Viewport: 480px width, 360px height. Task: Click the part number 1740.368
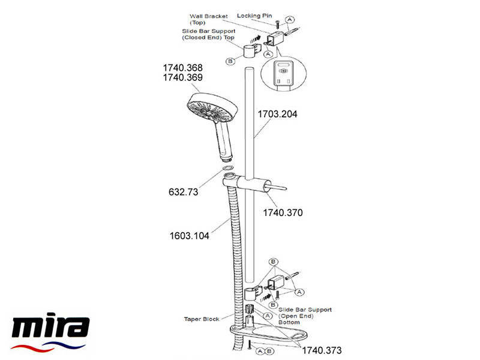pos(183,68)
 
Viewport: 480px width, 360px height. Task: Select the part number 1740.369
pos(183,78)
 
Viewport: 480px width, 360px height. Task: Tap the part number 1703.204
pos(278,112)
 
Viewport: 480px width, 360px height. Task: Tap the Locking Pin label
pos(254,16)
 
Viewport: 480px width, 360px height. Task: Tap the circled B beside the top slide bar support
pos(230,61)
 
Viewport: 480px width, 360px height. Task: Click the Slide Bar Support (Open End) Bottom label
pos(309,317)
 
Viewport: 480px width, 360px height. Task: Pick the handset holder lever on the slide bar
pos(273,187)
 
